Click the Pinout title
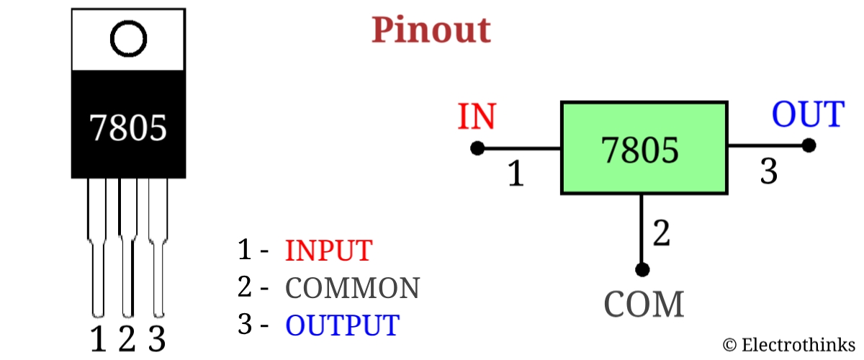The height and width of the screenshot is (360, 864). coord(431,30)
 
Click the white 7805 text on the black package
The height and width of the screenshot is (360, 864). coord(129,127)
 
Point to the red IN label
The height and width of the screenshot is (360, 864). coord(477,117)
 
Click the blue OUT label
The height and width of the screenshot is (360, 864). coord(807,114)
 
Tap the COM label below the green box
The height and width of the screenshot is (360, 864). coord(644,305)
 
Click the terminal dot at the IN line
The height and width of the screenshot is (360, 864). coord(477,148)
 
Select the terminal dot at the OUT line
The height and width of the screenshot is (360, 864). coord(809,145)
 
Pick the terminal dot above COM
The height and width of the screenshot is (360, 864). coord(642,269)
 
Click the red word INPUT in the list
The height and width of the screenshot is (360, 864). coord(328,251)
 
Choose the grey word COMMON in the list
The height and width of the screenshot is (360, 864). coord(352,288)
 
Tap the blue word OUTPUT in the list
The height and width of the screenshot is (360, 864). coord(341,325)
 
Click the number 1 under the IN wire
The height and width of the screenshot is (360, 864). coord(516,174)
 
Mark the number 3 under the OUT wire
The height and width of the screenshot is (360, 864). coord(769,172)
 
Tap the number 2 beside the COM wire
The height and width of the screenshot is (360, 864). coord(661,233)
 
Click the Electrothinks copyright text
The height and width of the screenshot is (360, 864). coord(789,345)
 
